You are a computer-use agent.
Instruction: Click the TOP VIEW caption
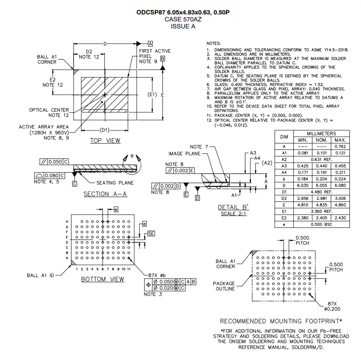[105, 141]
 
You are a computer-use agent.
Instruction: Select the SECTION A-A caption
[105, 194]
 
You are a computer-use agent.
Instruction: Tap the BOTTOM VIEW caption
[102, 279]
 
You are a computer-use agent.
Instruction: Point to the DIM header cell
[284, 137]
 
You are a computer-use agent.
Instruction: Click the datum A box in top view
[150, 43]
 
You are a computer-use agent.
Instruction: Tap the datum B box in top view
[163, 59]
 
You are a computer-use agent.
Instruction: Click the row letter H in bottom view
[67, 222]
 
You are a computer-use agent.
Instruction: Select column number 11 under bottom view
[129, 269]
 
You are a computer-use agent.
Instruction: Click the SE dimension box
[151, 234]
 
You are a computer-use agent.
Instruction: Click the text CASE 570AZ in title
[183, 19]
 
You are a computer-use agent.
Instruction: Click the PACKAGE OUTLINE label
[224, 286]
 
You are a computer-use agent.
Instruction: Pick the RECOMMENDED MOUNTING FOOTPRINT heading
[281, 321]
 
